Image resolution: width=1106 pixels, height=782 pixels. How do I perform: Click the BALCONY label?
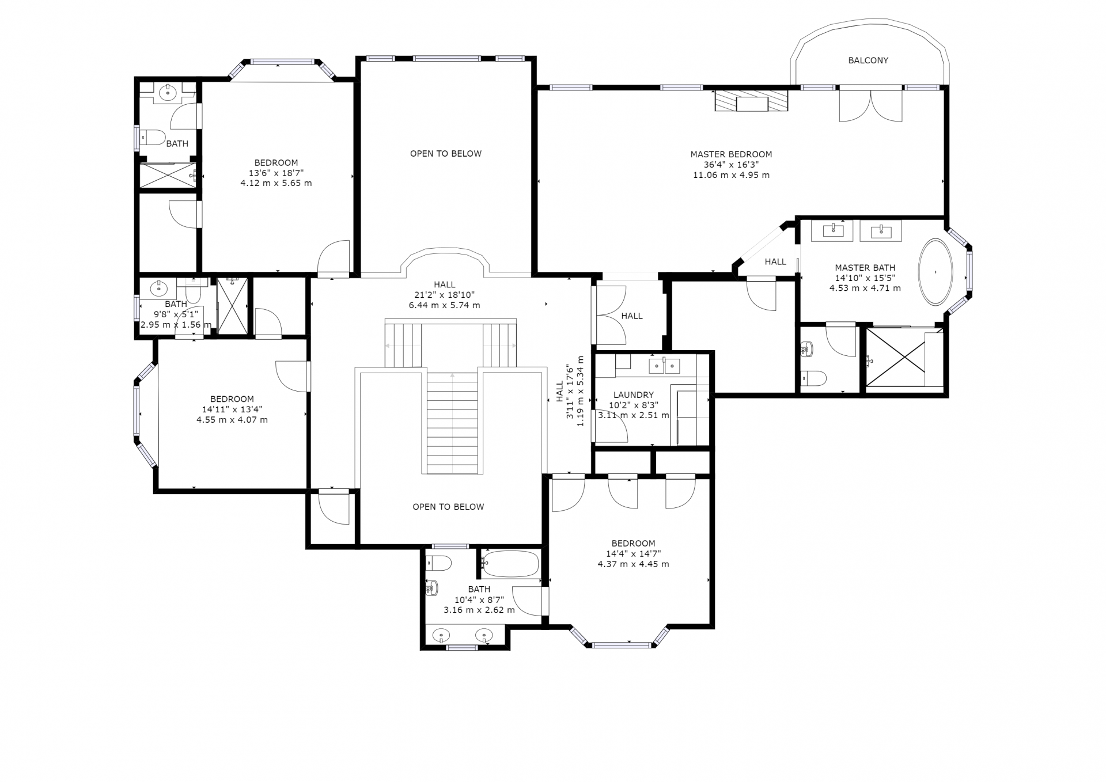point(868,60)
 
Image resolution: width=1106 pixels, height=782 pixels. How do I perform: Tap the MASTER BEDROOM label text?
point(731,154)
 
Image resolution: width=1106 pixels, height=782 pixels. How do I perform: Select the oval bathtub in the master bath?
point(935,272)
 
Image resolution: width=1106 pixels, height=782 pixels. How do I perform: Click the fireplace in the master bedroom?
point(751,101)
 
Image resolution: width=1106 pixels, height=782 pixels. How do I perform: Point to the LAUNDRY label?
point(634,395)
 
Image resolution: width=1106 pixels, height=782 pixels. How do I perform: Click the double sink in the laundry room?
point(665,366)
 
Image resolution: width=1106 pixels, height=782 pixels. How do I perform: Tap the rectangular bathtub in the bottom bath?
point(511,564)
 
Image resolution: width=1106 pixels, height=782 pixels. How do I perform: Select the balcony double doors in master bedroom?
point(870,105)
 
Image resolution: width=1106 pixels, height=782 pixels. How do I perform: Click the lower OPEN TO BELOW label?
point(448,507)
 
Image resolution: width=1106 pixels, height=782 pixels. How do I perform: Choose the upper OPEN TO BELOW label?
point(446,154)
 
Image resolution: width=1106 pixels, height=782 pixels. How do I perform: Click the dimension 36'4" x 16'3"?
point(731,165)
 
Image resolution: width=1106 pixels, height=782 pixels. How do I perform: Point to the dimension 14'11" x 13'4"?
point(232,409)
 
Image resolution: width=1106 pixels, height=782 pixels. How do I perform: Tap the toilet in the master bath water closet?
point(813,378)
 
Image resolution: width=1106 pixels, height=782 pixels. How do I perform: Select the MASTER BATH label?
point(865,268)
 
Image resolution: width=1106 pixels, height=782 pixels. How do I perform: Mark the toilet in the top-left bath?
point(153,138)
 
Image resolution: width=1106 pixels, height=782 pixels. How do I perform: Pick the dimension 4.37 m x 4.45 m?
point(634,564)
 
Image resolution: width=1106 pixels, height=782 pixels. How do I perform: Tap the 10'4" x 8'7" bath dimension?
point(479,599)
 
